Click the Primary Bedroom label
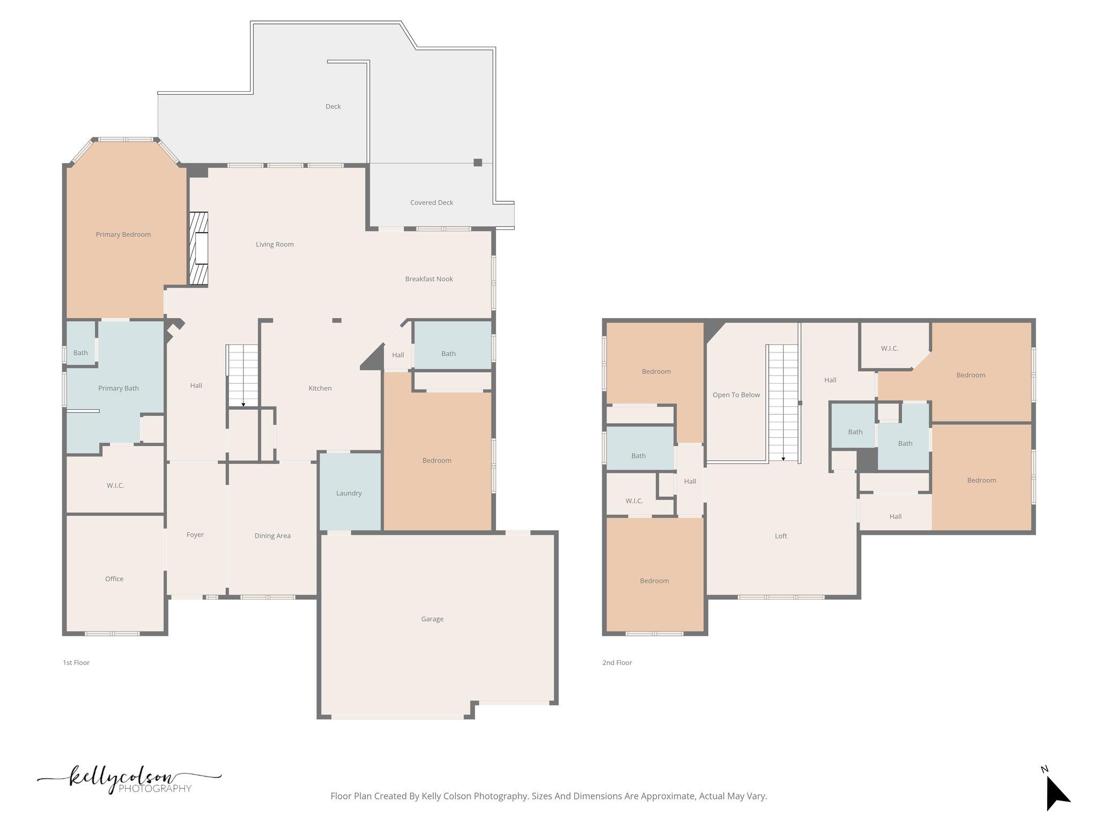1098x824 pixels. [123, 234]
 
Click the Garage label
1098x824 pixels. [432, 619]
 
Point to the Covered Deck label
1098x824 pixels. [432, 202]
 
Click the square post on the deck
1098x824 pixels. [478, 163]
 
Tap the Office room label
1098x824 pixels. [114, 579]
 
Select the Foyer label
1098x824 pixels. [195, 535]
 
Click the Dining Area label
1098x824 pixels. [272, 535]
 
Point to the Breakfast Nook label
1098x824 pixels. [429, 279]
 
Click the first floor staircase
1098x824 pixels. [243, 376]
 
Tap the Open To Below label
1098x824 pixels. [736, 395]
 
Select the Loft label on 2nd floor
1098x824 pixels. [781, 536]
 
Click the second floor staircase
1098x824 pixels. [783, 402]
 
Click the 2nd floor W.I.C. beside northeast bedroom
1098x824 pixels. [889, 349]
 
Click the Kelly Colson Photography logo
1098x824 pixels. [129, 781]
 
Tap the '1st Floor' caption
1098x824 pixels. [76, 663]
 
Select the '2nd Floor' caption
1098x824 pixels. [617, 663]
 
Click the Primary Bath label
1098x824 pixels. [118, 388]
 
